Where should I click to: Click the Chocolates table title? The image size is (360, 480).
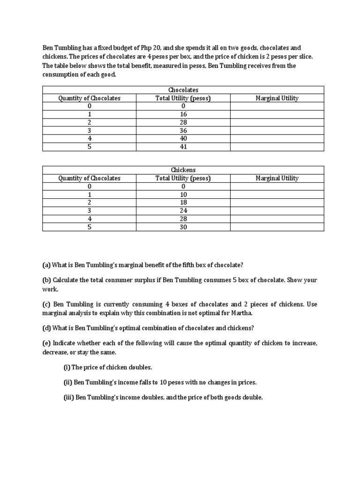tap(183, 90)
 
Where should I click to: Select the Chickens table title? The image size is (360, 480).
tap(183, 170)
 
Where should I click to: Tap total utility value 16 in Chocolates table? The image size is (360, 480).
tap(183, 114)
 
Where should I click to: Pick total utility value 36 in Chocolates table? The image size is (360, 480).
tap(183, 130)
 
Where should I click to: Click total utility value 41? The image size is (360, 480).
tap(183, 147)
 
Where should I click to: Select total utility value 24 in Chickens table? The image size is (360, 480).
tap(183, 210)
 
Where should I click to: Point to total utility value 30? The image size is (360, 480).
tap(183, 227)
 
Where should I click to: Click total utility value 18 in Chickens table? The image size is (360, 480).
tap(183, 202)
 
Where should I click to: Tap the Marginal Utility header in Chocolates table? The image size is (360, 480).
tap(277, 98)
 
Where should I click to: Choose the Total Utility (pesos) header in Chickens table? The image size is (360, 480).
tap(183, 178)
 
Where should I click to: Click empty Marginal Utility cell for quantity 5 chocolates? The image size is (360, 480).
tap(277, 147)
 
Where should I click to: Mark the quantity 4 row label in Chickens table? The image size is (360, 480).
tap(89, 219)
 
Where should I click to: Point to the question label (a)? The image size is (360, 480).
tap(46, 265)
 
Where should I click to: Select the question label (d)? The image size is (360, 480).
tap(46, 327)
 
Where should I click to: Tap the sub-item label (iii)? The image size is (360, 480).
tap(68, 397)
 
